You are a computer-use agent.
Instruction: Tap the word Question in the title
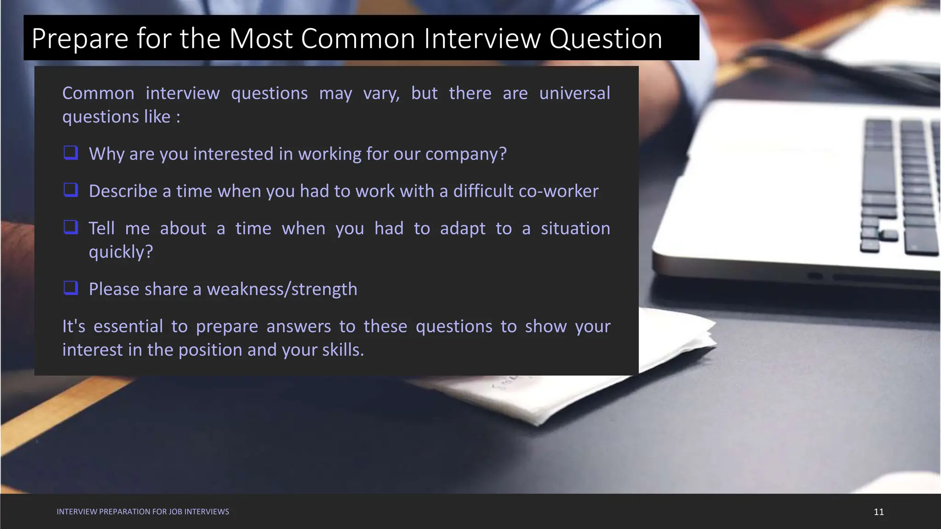[606, 39]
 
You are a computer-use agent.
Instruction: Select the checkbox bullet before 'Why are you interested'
[71, 152]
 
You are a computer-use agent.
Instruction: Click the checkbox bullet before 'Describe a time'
[71, 190]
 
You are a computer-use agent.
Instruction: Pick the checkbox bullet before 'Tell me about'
[71, 227]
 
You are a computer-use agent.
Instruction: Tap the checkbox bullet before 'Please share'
[71, 288]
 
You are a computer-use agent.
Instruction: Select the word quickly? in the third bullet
[120, 252]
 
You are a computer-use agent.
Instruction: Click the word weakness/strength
[282, 289]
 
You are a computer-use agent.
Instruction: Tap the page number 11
[879, 512]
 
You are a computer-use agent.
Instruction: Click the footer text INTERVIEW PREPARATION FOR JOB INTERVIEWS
[142, 512]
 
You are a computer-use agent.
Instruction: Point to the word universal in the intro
[574, 93]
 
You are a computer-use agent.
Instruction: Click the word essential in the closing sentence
[128, 326]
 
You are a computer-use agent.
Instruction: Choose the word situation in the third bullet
[575, 229]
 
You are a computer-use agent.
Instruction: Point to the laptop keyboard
[896, 184]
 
